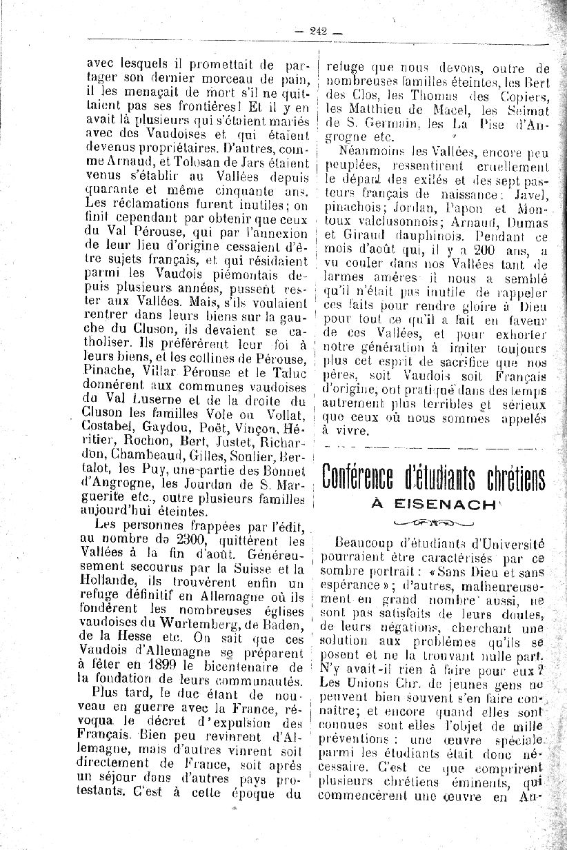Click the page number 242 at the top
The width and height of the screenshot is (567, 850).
(318, 30)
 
